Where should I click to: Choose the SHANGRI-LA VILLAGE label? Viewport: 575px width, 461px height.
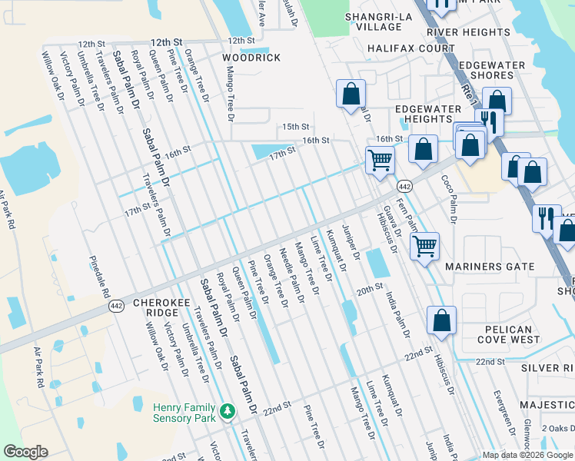(x=374, y=22)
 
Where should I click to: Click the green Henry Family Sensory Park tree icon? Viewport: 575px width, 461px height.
(x=227, y=412)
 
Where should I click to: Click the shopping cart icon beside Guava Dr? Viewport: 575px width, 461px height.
(x=380, y=160)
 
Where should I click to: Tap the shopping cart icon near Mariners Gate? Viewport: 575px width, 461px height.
(x=424, y=246)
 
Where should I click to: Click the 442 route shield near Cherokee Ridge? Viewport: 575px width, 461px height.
(x=116, y=305)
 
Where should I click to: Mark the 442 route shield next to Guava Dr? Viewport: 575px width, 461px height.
(x=404, y=187)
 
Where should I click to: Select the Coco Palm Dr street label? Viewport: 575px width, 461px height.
(x=448, y=198)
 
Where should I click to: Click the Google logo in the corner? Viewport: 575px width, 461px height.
(x=26, y=452)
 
